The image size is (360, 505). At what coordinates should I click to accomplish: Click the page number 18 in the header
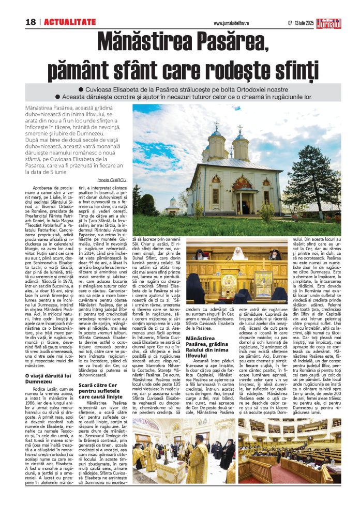tap(31, 22)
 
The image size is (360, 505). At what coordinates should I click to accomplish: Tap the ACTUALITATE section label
tap(70, 22)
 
